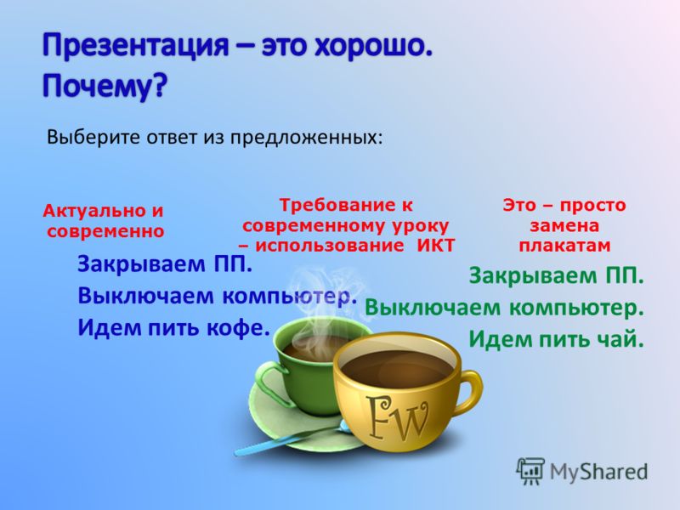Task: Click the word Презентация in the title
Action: [x=135, y=46]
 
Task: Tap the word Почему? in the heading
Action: [x=105, y=87]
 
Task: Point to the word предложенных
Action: [x=306, y=138]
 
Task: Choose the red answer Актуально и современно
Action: [x=104, y=221]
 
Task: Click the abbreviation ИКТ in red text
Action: [x=435, y=246]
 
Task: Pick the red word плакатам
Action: [x=564, y=246]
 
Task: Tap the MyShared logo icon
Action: [x=530, y=471]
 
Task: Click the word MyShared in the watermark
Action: [x=598, y=472]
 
